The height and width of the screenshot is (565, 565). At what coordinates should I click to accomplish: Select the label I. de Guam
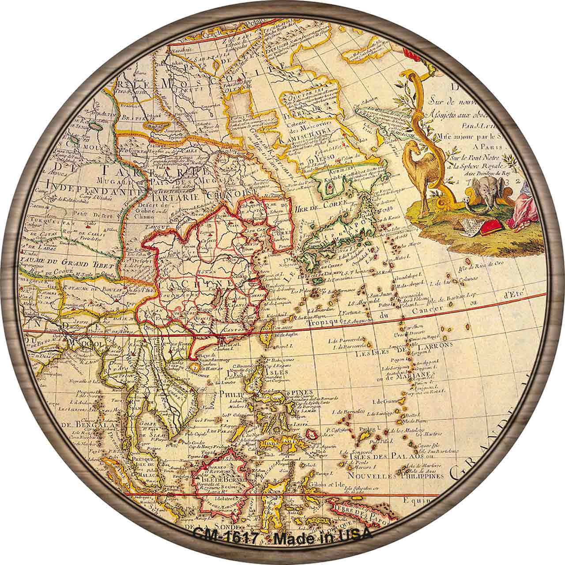point(383,401)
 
